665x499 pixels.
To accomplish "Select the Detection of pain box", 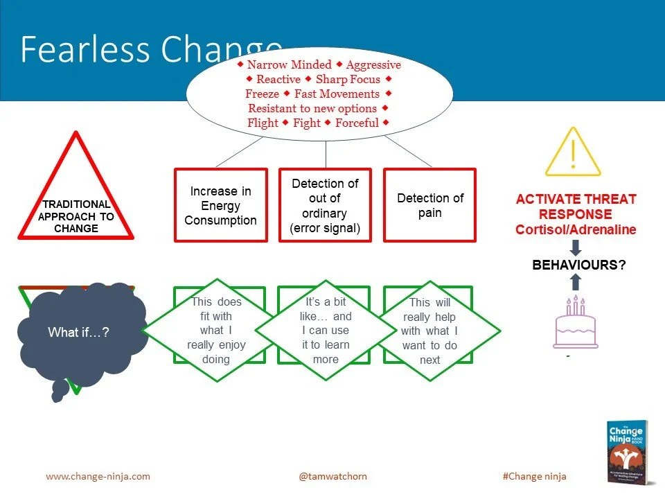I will pos(429,205).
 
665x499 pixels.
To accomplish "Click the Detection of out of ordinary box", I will pos(325,205).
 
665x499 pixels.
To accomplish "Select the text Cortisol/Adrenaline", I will pos(576,229).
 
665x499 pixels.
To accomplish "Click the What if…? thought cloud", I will pos(78,333).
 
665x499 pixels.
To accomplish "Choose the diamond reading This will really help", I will pos(430,331).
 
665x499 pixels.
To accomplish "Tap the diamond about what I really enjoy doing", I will pos(216,331).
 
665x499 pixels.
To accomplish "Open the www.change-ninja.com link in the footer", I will pos(98,476).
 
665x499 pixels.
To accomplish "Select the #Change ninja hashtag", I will pos(533,476).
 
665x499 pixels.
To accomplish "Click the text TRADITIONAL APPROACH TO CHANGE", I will pos(77,216).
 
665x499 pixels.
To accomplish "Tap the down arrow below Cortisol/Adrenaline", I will pos(576,247).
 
